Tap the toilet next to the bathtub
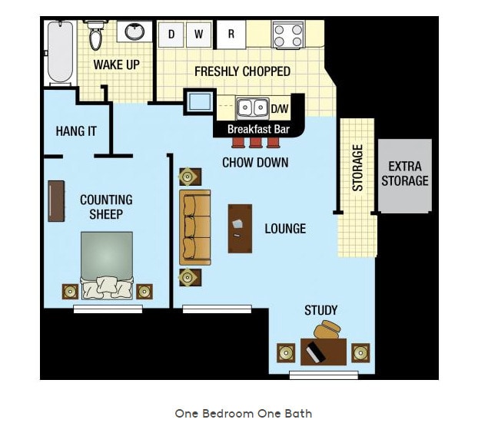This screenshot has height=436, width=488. pyautogui.click(x=95, y=35)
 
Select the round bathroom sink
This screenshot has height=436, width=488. pyautogui.click(x=135, y=32)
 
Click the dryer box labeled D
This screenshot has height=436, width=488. pyautogui.click(x=171, y=34)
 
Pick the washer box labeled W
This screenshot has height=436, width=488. pyautogui.click(x=198, y=34)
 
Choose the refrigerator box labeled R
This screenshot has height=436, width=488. pyautogui.click(x=231, y=34)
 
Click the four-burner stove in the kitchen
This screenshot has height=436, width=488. pyautogui.click(x=287, y=35)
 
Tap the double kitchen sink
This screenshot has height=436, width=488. pyautogui.click(x=251, y=107)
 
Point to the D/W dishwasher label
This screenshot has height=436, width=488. pyautogui.click(x=280, y=108)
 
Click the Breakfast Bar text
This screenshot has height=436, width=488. pyautogui.click(x=257, y=129)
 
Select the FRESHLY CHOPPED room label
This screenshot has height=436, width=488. pyautogui.click(x=242, y=71)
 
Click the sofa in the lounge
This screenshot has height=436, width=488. pyautogui.click(x=195, y=227)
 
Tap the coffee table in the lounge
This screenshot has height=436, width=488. pyautogui.click(x=240, y=228)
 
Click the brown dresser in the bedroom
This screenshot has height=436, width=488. pyautogui.click(x=56, y=201)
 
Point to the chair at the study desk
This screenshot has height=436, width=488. pyautogui.click(x=327, y=330)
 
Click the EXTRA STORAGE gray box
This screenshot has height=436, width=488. pyautogui.click(x=405, y=175)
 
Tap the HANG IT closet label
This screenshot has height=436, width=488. pyautogui.click(x=76, y=131)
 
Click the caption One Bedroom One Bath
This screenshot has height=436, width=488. pyautogui.click(x=243, y=413)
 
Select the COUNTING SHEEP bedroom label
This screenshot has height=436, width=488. pyautogui.click(x=106, y=207)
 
